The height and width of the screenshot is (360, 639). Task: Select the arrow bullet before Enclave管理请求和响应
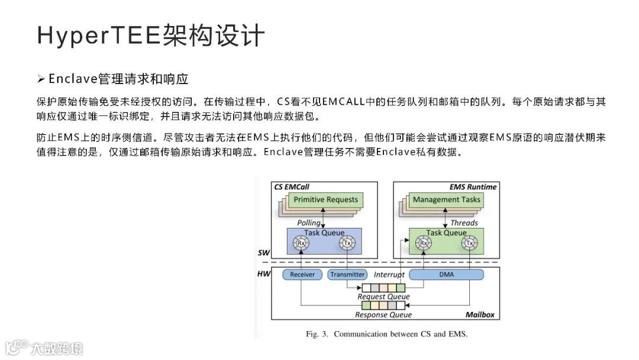coord(41,79)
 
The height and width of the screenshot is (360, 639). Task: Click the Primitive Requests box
coord(325,200)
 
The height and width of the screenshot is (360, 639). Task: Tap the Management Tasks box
coord(447,200)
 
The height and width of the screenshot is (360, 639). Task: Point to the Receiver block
coord(302,275)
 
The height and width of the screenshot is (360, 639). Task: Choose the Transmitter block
coord(347,275)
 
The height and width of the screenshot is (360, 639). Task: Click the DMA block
coord(446,275)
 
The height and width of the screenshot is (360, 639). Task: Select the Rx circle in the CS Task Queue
coord(301,243)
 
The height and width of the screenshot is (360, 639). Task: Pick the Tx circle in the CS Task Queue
coord(347,243)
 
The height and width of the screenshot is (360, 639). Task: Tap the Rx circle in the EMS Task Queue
coord(422,243)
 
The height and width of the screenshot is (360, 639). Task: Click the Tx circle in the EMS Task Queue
coord(470,243)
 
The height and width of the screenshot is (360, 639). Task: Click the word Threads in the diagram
coord(464,223)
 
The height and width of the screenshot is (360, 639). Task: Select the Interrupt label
coord(389,275)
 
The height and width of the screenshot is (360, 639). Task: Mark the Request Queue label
coord(383,297)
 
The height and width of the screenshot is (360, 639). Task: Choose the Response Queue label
coord(383,315)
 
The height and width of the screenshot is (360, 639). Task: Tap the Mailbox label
coord(479,315)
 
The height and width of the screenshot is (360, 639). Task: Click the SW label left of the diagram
coord(264,253)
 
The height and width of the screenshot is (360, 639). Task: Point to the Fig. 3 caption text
coord(386,334)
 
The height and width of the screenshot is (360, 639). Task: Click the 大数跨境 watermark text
coord(57,348)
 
